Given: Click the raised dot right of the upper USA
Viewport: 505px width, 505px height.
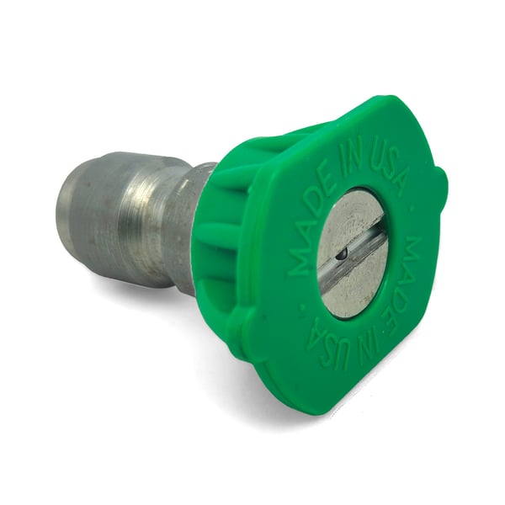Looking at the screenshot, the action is (413, 210).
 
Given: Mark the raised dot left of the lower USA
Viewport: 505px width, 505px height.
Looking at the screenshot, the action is (302, 311).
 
